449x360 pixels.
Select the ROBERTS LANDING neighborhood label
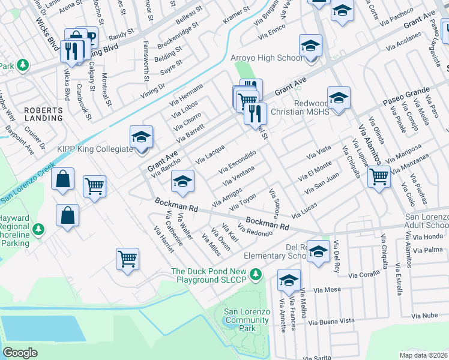[43, 114]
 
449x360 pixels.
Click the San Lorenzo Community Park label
[246, 320]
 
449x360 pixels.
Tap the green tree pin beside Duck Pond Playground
[256, 275]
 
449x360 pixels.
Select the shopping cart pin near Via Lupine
[379, 176]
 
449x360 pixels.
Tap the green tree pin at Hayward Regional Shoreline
[38, 229]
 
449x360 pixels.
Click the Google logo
[20, 353]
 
